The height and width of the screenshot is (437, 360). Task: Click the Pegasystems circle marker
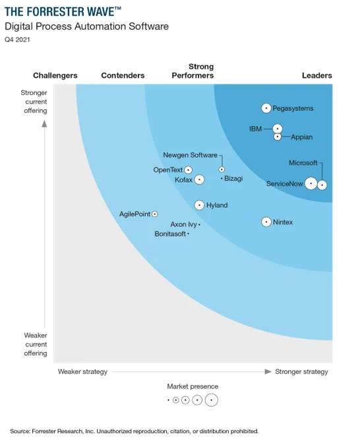click(x=266, y=108)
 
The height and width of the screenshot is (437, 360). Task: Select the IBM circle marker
click(x=278, y=129)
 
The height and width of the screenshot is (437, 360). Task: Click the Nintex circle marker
click(x=266, y=222)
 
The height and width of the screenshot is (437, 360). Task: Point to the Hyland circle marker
click(x=199, y=205)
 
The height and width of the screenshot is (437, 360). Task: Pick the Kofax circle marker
click(x=199, y=179)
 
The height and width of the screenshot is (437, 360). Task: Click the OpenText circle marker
click(x=189, y=170)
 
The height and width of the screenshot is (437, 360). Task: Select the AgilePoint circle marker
click(x=155, y=214)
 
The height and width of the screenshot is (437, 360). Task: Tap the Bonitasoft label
click(x=170, y=234)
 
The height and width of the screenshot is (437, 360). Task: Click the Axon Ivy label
click(x=183, y=225)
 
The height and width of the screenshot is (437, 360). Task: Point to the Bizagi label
click(x=233, y=179)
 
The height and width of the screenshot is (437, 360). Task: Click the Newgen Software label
click(x=190, y=156)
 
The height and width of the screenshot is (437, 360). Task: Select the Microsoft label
click(x=303, y=163)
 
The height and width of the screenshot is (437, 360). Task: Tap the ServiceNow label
click(x=284, y=184)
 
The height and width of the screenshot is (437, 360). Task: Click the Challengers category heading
click(x=55, y=76)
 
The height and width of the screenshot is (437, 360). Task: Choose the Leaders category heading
click(x=316, y=76)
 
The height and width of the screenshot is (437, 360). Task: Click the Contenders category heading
click(x=123, y=76)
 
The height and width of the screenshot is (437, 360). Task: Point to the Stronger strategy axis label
click(x=301, y=372)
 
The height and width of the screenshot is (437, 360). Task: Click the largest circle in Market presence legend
click(x=211, y=400)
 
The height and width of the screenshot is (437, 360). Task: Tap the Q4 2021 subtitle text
click(x=17, y=40)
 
